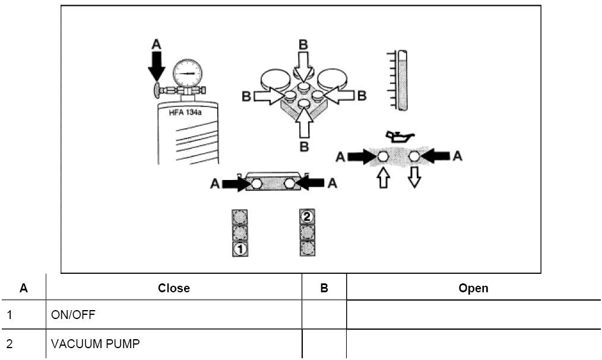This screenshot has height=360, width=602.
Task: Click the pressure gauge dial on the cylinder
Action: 187,74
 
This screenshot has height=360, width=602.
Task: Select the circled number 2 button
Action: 307,216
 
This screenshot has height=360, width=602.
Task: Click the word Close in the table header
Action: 173,288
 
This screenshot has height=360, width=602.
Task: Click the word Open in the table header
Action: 473,288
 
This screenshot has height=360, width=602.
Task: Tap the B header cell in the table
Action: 324,288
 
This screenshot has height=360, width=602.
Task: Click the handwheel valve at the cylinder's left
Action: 157,90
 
